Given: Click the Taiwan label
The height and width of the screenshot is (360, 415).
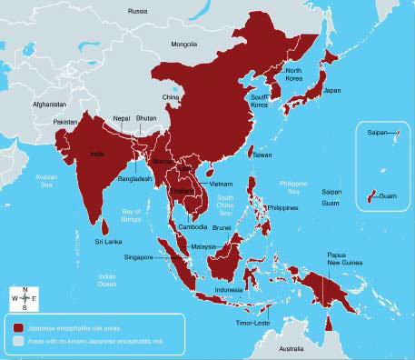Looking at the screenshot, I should pos(262,155).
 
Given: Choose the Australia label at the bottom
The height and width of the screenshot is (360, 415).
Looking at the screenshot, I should pos(291,349).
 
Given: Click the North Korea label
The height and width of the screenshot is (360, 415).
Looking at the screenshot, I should pos(293,75).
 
